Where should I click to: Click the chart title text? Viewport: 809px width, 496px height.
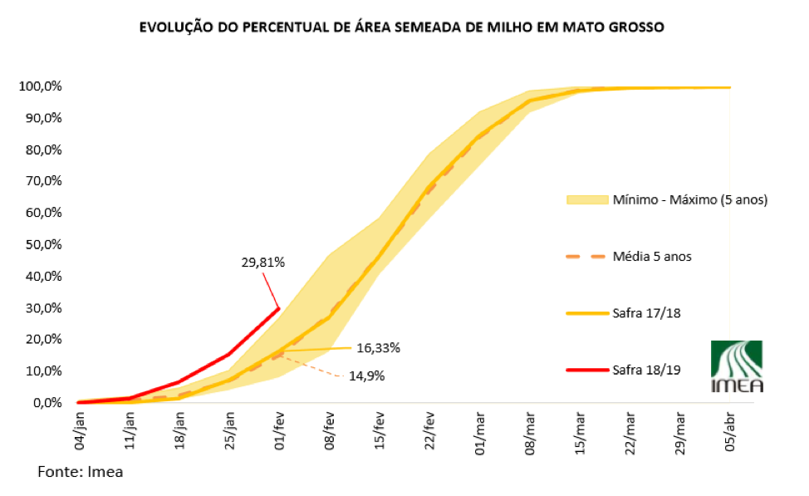[401, 27]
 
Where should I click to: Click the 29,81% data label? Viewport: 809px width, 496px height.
[263, 263]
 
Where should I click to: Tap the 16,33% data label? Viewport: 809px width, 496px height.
[378, 348]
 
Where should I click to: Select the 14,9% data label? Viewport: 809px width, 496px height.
[366, 376]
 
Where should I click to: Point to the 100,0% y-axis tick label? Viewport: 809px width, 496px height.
[39, 86]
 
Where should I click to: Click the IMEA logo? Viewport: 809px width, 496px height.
[737, 366]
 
